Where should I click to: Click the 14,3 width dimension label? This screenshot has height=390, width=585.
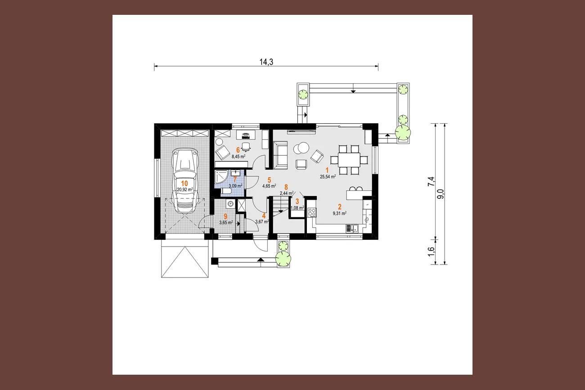(x=266, y=62)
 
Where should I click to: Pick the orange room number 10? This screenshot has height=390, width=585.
(x=184, y=183)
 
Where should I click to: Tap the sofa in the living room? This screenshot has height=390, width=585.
(x=280, y=155)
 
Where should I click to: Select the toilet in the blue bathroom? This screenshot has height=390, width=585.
(x=225, y=192)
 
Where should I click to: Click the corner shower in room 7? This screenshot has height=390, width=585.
(x=220, y=177)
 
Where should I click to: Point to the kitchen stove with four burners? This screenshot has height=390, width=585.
(x=312, y=212)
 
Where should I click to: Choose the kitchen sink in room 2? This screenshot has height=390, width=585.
(x=352, y=229)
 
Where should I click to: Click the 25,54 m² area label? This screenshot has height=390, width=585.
(x=328, y=177)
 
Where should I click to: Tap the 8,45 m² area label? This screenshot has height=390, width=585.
(x=238, y=157)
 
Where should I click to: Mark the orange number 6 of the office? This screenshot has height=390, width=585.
(x=238, y=150)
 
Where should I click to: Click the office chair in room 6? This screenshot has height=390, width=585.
(x=246, y=147)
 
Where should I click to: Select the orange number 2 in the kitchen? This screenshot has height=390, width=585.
(x=339, y=207)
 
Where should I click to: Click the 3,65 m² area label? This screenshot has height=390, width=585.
(x=226, y=223)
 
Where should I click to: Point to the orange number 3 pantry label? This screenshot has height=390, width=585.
(x=297, y=202)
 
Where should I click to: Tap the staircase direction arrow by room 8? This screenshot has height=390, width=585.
(x=280, y=211)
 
